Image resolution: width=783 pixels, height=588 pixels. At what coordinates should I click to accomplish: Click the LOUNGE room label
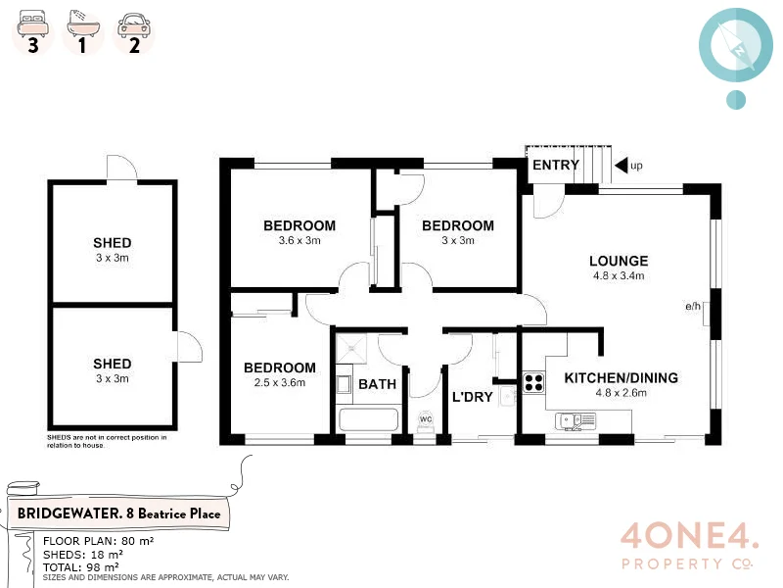tap(619, 261)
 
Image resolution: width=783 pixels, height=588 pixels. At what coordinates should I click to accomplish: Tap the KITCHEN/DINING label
tap(621, 377)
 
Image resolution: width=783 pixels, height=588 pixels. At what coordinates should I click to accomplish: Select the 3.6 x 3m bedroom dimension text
tap(299, 241)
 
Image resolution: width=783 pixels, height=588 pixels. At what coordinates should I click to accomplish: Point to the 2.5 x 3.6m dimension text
tap(279, 383)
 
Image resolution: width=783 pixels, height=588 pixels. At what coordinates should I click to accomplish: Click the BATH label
tap(377, 384)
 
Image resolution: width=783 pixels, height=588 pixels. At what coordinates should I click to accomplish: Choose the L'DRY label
tap(472, 397)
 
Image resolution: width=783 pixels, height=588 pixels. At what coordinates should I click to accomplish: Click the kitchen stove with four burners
tap(533, 381)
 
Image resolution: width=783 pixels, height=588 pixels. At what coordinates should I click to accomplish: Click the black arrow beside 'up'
tap(620, 166)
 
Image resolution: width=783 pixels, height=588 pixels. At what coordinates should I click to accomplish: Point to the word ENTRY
tap(555, 165)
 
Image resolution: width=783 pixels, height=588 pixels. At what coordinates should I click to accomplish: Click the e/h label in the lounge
tap(693, 307)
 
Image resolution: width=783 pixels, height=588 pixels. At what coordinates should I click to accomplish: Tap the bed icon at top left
tap(32, 21)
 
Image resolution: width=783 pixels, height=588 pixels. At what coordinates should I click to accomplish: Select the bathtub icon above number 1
tap(82, 21)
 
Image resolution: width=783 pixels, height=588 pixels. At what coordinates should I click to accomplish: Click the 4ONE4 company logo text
tap(688, 536)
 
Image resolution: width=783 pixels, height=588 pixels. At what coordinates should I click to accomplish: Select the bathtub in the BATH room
tap(369, 420)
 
